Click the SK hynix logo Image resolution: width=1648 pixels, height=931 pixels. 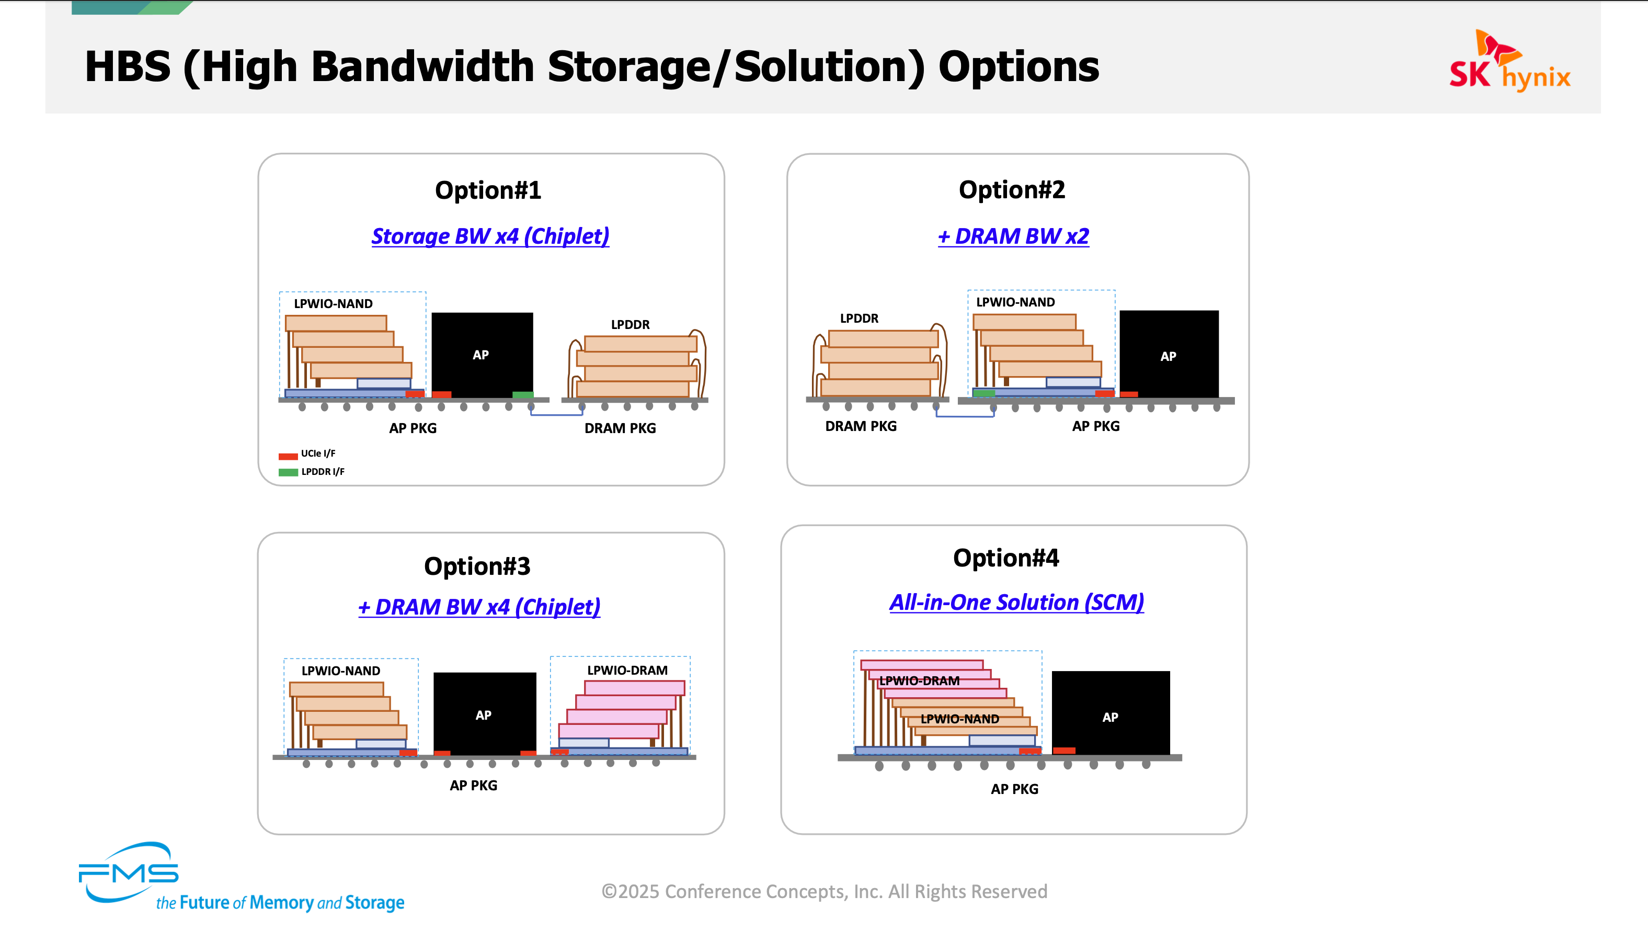(x=1510, y=61)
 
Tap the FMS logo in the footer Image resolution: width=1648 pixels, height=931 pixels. (x=128, y=871)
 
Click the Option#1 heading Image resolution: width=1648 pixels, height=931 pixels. (x=488, y=190)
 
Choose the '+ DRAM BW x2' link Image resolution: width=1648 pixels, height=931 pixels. (x=1013, y=236)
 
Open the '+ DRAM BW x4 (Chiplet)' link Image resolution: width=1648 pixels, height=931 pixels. (x=479, y=607)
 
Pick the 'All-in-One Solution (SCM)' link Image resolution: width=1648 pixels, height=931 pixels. (x=1016, y=602)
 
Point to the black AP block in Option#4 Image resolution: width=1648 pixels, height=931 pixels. (x=1111, y=713)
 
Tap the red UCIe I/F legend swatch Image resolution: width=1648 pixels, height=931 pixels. (x=288, y=456)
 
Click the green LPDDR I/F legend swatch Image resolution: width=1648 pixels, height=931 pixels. (x=288, y=472)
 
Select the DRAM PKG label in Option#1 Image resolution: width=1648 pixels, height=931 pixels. (x=620, y=428)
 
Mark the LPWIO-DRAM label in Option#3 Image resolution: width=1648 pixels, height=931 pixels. (x=627, y=670)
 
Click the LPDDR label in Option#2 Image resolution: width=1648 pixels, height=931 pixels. (x=859, y=318)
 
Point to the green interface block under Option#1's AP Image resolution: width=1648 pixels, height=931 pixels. (x=523, y=395)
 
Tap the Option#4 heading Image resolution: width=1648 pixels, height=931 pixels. (x=1006, y=558)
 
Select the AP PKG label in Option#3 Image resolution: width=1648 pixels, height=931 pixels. (x=473, y=785)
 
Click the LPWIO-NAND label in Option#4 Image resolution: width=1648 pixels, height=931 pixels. (x=959, y=719)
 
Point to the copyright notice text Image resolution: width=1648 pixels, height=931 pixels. (x=824, y=891)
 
